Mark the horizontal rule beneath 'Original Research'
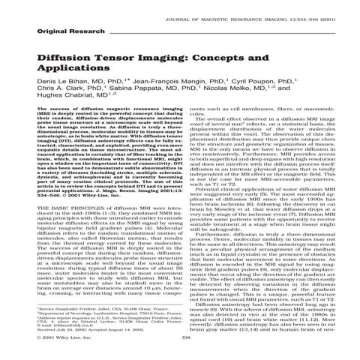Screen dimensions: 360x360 (180, 40)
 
